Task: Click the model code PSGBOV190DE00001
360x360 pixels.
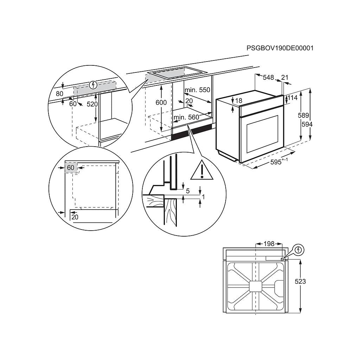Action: (x=280, y=48)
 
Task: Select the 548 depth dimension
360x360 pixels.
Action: (x=268, y=77)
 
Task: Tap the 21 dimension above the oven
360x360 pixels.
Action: (x=285, y=77)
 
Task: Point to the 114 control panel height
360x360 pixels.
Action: (x=292, y=98)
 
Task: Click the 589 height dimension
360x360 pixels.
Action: (x=303, y=115)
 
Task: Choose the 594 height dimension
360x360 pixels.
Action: (x=307, y=124)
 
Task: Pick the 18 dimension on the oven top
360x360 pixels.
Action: (x=239, y=101)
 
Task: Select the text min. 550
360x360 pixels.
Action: (x=198, y=90)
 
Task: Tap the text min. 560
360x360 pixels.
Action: (x=186, y=117)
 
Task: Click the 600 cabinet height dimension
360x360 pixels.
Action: (x=161, y=102)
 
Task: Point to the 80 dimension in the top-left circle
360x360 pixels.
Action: (x=59, y=94)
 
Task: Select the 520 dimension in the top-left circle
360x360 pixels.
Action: (x=92, y=104)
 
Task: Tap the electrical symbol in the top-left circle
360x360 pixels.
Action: (x=93, y=85)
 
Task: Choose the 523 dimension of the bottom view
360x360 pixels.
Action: (x=300, y=281)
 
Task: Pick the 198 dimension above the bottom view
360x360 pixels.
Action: (x=269, y=244)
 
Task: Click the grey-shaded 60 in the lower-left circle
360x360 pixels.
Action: (x=71, y=168)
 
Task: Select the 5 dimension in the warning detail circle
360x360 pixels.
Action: (x=188, y=191)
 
